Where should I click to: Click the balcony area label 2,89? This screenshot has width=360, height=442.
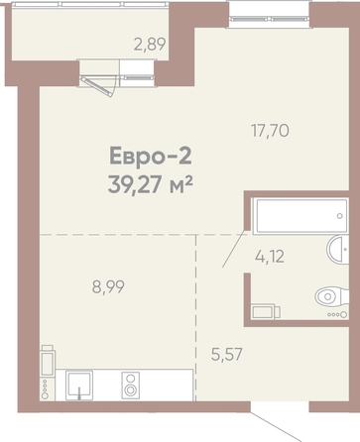(150, 45)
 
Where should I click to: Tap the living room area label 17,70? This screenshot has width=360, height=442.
(270, 131)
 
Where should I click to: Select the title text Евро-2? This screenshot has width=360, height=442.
(151, 156)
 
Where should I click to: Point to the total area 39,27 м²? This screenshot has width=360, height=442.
(151, 185)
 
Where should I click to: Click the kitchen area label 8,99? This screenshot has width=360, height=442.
(108, 286)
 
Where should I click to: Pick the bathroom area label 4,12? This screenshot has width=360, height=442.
(270, 257)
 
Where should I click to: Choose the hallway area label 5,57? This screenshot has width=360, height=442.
(227, 355)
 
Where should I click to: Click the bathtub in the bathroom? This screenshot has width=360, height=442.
(300, 216)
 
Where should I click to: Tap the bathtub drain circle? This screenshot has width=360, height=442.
(340, 216)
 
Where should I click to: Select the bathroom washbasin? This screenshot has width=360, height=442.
(338, 250)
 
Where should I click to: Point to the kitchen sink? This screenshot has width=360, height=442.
(79, 386)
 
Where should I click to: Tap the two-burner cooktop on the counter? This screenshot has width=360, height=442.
(131, 386)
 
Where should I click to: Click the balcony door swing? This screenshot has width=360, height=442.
(99, 86)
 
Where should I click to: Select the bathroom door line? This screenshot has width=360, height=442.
(235, 249)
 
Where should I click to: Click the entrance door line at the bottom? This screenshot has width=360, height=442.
(276, 426)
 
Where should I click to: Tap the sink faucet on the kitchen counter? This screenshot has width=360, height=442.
(79, 393)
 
